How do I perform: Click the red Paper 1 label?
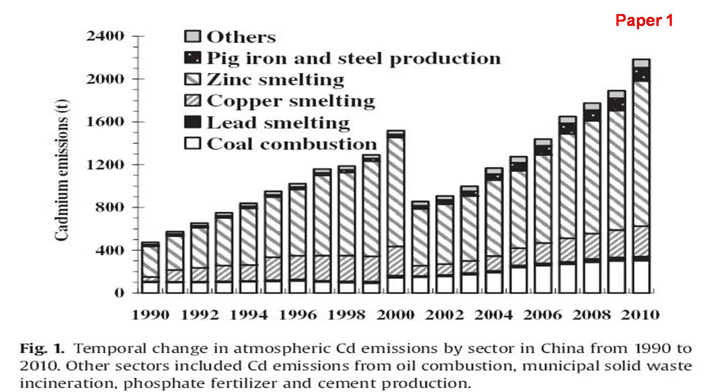(x=644, y=21)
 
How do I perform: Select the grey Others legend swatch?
(x=192, y=36)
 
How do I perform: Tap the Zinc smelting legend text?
(x=275, y=80)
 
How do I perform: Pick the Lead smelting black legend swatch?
(x=192, y=122)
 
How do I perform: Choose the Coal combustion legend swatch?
(x=192, y=144)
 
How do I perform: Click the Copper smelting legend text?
(x=291, y=101)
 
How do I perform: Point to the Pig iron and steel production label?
(x=353, y=58)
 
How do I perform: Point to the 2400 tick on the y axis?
(x=105, y=36)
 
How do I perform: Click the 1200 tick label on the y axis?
(x=105, y=164)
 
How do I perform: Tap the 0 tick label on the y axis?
(x=119, y=293)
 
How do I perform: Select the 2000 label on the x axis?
(x=395, y=315)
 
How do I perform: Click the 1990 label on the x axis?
(x=151, y=315)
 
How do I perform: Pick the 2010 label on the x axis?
(x=641, y=315)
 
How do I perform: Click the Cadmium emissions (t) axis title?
(x=62, y=169)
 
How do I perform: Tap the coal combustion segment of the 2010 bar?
(x=641, y=277)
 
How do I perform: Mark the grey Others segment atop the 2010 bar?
(x=641, y=63)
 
